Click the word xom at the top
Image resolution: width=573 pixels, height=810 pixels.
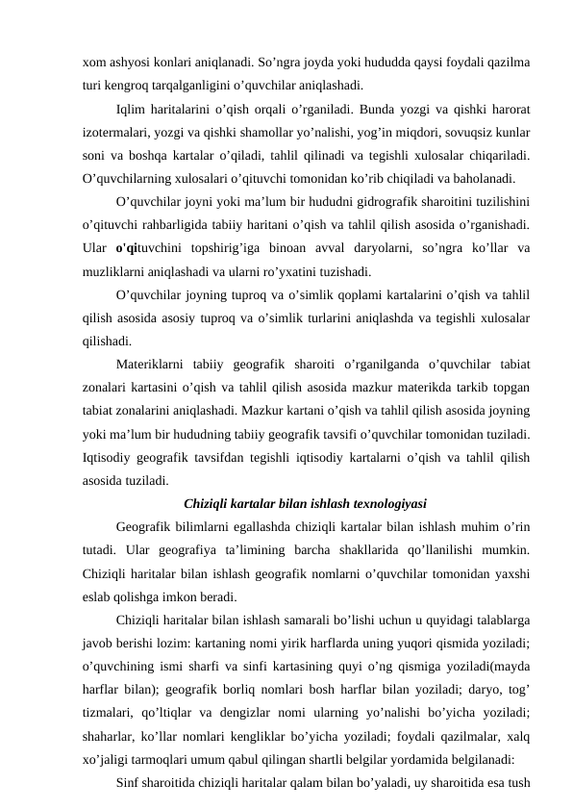click(95, 64)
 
